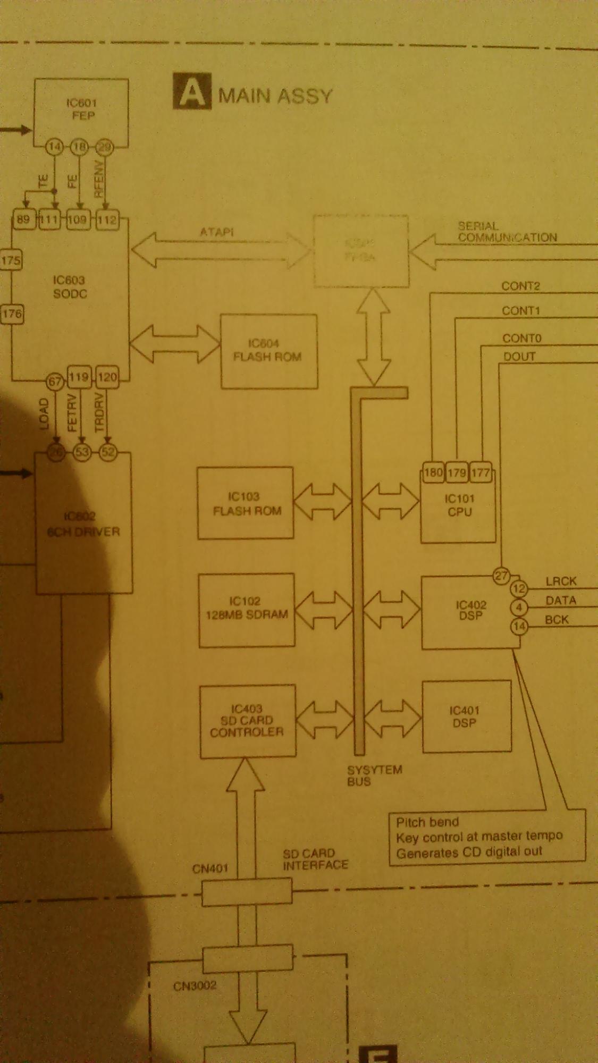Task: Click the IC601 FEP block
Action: [x=81, y=111]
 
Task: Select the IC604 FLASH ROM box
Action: [x=269, y=351]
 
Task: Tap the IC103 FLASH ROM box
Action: [x=246, y=503]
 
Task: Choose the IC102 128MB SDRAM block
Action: [x=247, y=609]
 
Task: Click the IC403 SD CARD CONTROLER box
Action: [x=247, y=721]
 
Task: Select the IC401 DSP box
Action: [x=466, y=716]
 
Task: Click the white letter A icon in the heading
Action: [x=191, y=92]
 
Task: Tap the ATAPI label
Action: [x=216, y=232]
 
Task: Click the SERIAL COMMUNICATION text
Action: [x=507, y=232]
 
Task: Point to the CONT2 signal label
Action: [x=520, y=286]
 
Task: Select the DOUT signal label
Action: [x=519, y=357]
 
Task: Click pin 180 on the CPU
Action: [x=433, y=472]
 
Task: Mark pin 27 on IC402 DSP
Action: [x=501, y=576]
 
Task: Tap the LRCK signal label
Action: [x=561, y=581]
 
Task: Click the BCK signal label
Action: [x=557, y=620]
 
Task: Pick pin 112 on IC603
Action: [x=107, y=220]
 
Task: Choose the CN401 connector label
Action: [x=210, y=868]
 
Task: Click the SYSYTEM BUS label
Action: [x=374, y=775]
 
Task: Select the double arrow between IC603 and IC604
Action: [x=175, y=344]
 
